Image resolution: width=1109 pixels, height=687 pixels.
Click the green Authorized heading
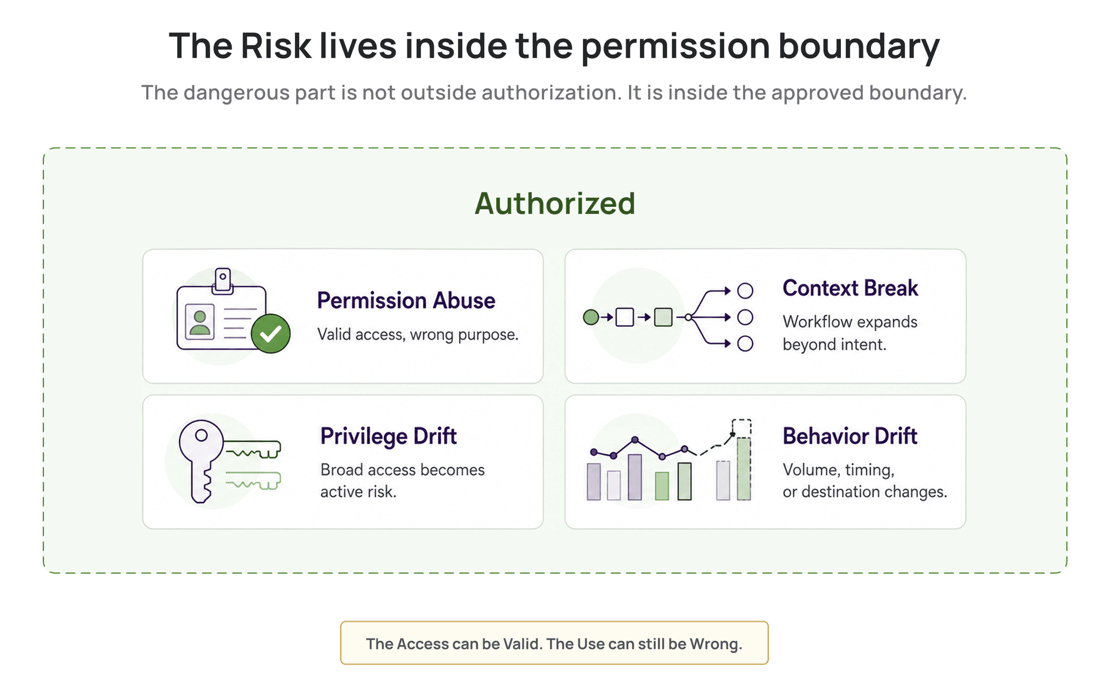tap(554, 203)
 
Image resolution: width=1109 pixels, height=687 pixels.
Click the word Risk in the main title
tap(276, 46)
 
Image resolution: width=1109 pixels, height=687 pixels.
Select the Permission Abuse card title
tap(406, 300)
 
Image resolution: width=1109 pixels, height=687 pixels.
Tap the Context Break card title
tap(850, 288)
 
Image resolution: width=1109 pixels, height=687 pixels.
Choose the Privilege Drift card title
tap(389, 436)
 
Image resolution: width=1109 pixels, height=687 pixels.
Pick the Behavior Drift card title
tap(850, 436)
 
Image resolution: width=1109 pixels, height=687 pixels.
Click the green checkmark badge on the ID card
tap(270, 333)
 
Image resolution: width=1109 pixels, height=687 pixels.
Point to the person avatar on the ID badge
tap(200, 322)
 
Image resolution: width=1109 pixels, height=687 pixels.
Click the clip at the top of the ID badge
tap(223, 280)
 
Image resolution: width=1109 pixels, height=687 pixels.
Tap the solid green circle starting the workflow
tap(591, 317)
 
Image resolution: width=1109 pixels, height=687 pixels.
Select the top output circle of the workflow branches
tap(745, 291)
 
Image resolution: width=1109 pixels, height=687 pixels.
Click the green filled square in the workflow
tap(663, 317)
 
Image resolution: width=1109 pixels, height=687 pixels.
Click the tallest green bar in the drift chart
tap(744, 469)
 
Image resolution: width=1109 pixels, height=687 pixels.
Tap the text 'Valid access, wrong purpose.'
tap(418, 335)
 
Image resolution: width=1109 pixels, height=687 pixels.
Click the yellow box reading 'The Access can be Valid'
tap(554, 643)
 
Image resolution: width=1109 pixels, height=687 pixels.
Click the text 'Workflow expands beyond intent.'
tap(850, 333)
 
